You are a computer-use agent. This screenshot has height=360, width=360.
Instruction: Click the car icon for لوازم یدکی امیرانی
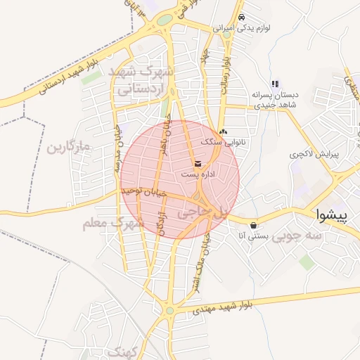pos(241,17)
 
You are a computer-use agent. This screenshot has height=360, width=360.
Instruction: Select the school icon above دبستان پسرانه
pos(276,83)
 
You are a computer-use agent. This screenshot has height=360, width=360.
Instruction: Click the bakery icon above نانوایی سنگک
pos(223,131)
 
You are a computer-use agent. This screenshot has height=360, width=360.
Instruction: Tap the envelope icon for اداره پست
pos(197,165)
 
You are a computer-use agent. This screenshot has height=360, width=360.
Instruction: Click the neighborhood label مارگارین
pos(69,148)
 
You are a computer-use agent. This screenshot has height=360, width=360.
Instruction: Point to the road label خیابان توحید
pos(143,191)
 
